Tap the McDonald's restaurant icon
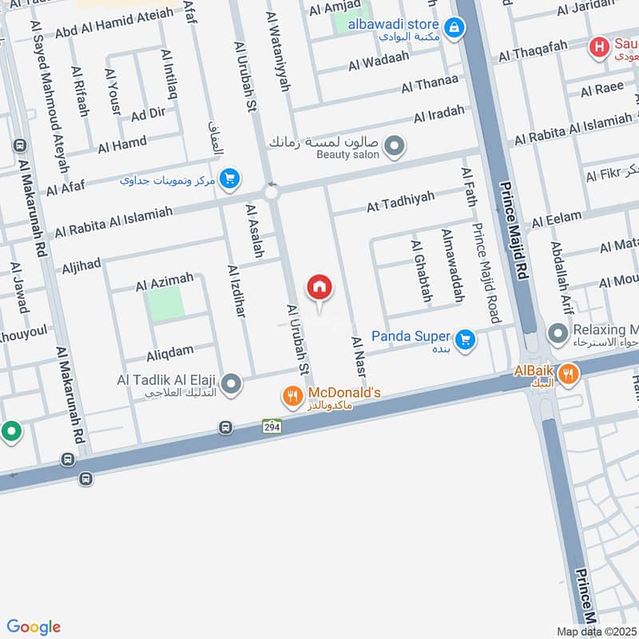point(293,395)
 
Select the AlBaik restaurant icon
point(568,373)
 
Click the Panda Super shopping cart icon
point(466,341)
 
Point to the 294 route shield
point(272,427)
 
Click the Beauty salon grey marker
point(393,146)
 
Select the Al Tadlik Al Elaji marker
point(232,385)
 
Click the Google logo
point(34,627)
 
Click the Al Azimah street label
point(164,282)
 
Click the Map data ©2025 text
point(596,631)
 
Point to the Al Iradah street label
point(439,114)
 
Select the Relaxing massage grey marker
point(557,331)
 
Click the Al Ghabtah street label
point(421,272)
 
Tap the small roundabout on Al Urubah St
point(271,192)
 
